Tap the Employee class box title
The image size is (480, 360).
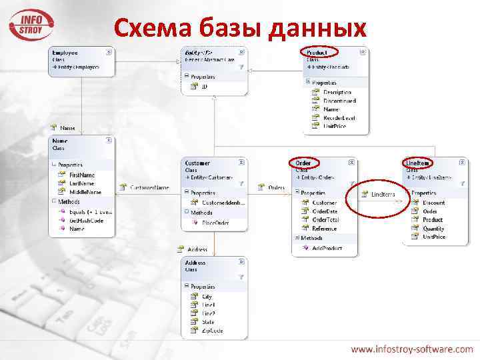[66, 52]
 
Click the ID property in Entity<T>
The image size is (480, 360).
[204, 86]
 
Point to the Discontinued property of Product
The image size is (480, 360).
[339, 101]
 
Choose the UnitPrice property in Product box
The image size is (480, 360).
[335, 126]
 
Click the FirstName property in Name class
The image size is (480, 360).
[83, 175]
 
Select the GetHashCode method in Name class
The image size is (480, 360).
[86, 220]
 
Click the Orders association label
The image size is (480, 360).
[276, 188]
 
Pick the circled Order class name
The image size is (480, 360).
[304, 163]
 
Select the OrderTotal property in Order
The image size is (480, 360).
[326, 220]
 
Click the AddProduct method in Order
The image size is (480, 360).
[327, 247]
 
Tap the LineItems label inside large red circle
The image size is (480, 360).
[383, 195]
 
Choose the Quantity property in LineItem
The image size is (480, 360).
[433, 229]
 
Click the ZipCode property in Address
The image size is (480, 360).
[213, 331]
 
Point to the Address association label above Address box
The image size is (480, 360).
[197, 249]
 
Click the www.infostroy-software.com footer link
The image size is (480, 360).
[412, 349]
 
